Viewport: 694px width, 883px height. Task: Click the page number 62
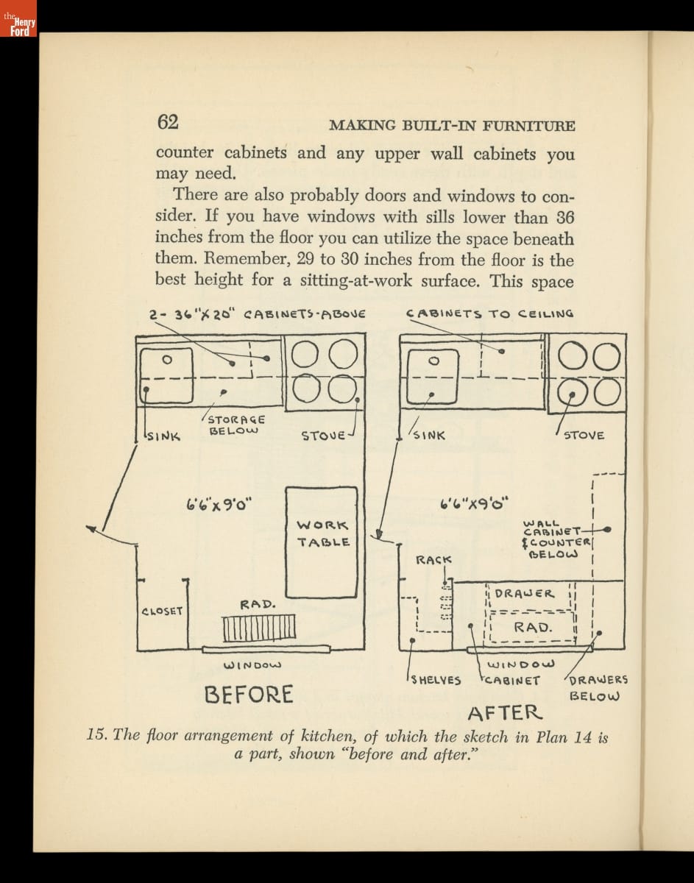[168, 122]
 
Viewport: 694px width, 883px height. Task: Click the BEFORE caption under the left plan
[249, 694]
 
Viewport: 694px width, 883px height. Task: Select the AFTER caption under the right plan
[505, 712]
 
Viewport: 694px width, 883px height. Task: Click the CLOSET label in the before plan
[162, 611]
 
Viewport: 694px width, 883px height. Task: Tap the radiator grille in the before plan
[259, 628]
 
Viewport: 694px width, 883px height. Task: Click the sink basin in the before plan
[166, 375]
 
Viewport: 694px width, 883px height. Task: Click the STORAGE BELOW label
[234, 425]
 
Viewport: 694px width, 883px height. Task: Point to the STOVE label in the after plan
[584, 435]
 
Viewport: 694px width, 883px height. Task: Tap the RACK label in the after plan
[433, 560]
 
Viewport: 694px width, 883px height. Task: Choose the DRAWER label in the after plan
[524, 593]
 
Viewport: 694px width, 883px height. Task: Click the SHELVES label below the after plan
[436, 680]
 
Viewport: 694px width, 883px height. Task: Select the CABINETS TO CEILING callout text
[489, 313]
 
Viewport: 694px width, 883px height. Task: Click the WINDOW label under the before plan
[252, 666]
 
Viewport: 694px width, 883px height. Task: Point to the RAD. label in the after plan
[533, 627]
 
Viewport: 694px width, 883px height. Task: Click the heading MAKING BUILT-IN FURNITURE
[452, 125]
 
